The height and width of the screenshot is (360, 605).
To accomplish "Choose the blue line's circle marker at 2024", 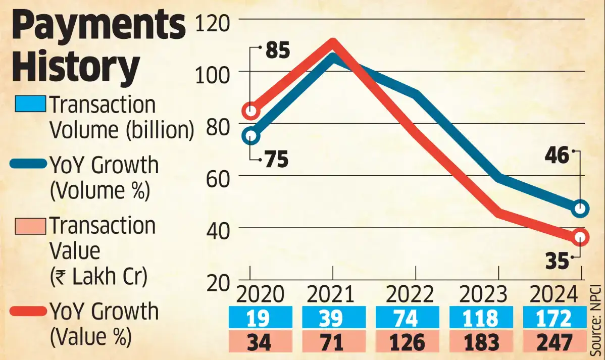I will [581, 208].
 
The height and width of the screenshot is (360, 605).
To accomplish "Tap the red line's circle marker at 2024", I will [581, 237].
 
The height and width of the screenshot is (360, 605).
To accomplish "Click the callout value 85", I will [277, 51].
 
